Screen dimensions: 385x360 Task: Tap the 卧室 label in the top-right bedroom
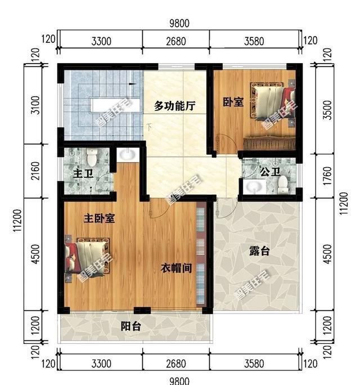(x=233, y=102)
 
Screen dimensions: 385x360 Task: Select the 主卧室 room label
(x=100, y=218)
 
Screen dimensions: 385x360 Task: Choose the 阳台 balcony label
(x=130, y=326)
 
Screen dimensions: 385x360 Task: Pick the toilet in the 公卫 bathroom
(x=284, y=183)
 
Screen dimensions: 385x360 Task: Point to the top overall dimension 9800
(x=180, y=23)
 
